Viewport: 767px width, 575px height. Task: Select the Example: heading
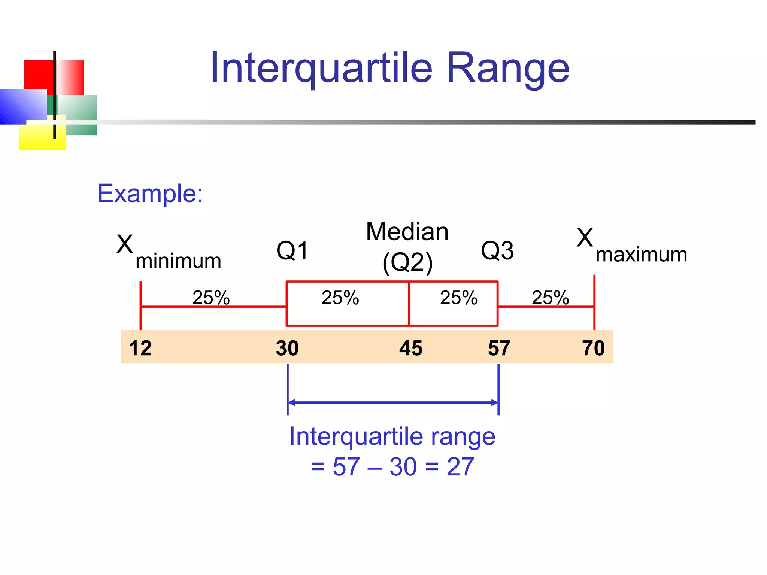(150, 194)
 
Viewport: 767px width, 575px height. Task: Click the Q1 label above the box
(292, 250)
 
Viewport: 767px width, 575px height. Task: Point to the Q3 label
(497, 250)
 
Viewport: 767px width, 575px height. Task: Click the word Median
(407, 232)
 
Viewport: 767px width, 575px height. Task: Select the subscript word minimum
(178, 261)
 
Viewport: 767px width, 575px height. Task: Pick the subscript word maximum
(641, 255)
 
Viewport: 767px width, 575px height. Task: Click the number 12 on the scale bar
(140, 348)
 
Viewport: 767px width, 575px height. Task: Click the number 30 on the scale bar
(287, 348)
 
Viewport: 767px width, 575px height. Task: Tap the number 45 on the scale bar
(410, 348)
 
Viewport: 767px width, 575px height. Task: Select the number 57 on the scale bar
(499, 348)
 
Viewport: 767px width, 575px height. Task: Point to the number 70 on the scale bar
(593, 348)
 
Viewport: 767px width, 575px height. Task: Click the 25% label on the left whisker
(211, 298)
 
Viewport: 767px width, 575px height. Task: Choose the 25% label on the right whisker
(550, 298)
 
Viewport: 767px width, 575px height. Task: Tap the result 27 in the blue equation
(460, 467)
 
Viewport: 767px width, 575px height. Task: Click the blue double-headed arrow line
(392, 403)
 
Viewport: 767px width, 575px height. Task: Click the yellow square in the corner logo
(37, 140)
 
